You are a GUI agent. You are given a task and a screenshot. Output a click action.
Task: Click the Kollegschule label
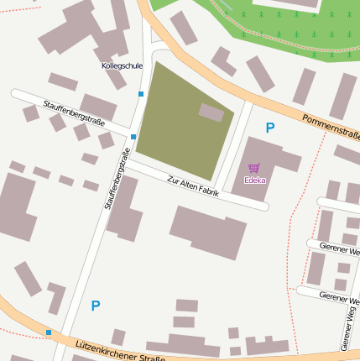tap(122, 65)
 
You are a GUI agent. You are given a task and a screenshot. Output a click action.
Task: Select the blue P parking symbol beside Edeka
tap(269, 128)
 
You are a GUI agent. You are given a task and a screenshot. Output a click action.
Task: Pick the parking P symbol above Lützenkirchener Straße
tap(95, 306)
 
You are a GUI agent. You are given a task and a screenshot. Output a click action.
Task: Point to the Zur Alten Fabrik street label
tap(193, 186)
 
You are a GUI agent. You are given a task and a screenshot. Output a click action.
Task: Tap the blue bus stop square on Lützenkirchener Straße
tap(49, 332)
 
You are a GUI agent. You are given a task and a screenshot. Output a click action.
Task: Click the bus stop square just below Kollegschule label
tap(141, 94)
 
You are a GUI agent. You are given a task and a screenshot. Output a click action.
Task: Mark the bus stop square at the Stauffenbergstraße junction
tap(133, 136)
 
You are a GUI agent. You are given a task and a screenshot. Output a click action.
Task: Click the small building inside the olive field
tap(211, 112)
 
